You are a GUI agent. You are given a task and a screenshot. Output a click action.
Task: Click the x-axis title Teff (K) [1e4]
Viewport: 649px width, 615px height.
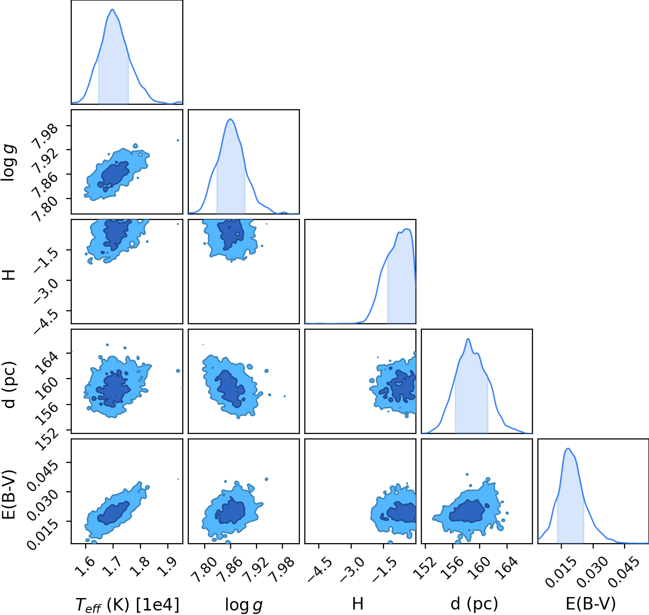tap(128, 605)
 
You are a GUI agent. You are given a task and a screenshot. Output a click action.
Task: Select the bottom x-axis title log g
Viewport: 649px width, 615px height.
tap(244, 605)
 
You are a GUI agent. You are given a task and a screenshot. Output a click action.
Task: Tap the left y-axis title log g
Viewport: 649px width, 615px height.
tap(8, 162)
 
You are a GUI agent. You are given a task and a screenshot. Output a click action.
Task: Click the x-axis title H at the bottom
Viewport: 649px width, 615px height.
tap(358, 604)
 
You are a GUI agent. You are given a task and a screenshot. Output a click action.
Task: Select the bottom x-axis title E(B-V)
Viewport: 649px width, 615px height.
tap(591, 604)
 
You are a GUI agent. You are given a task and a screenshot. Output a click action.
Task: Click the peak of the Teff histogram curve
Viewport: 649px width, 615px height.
tap(112, 9)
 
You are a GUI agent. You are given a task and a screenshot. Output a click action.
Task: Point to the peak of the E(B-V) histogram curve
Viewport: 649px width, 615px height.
tap(568, 448)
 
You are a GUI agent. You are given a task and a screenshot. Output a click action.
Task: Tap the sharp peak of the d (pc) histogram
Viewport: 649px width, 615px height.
tap(468, 339)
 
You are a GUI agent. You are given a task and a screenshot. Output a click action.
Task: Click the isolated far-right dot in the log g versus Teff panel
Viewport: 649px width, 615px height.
tap(178, 141)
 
